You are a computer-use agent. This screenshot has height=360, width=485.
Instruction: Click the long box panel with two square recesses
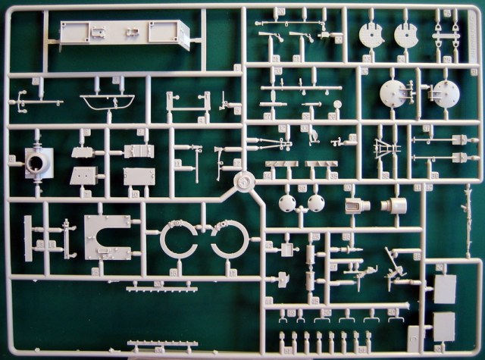[125, 34]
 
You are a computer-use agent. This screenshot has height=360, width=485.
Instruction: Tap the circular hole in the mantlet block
[34, 161]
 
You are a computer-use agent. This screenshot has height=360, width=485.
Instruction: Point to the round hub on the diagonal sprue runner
[242, 182]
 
